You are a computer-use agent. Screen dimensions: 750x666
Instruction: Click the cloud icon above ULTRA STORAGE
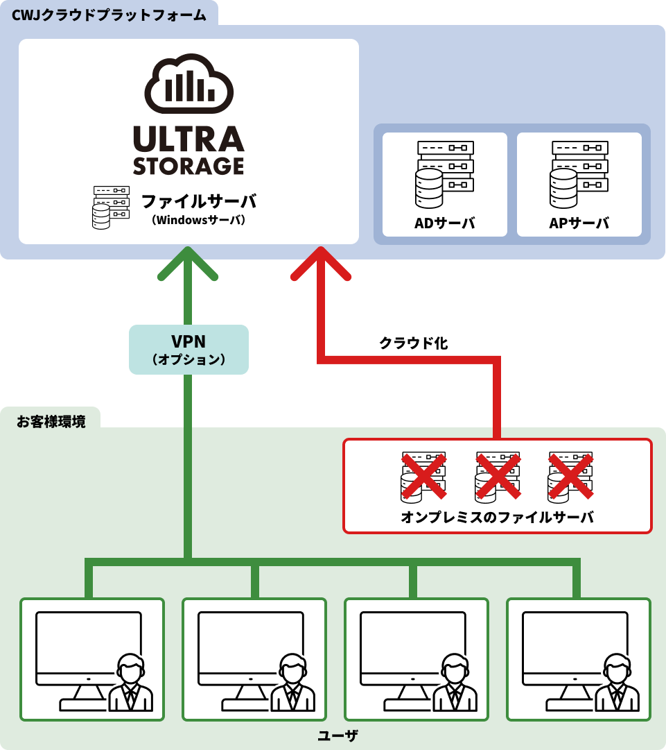click(189, 84)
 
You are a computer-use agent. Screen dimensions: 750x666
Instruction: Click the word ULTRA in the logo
click(189, 139)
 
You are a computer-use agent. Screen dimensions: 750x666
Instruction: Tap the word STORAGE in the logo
click(189, 166)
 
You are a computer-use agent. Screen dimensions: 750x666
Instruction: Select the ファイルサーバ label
click(199, 202)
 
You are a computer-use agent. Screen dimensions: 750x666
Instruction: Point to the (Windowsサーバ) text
click(199, 221)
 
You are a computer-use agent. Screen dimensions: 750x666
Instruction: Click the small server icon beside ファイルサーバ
click(111, 207)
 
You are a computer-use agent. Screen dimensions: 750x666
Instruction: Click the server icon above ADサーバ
click(444, 174)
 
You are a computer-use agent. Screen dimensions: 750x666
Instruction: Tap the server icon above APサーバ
click(579, 174)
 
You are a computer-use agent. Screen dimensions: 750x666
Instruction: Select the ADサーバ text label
click(444, 223)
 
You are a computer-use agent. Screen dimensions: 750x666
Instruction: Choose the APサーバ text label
click(579, 223)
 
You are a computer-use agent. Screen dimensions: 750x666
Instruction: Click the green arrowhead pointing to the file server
click(188, 263)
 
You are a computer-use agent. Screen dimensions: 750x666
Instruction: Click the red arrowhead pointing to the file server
click(321, 263)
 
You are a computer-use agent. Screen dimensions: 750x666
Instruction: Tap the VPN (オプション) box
click(189, 350)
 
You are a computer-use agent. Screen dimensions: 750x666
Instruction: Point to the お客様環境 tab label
click(51, 421)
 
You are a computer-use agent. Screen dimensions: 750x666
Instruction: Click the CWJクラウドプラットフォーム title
click(109, 15)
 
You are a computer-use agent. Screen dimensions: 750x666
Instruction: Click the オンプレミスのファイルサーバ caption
click(497, 518)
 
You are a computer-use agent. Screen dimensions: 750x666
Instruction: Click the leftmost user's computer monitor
click(88, 644)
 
